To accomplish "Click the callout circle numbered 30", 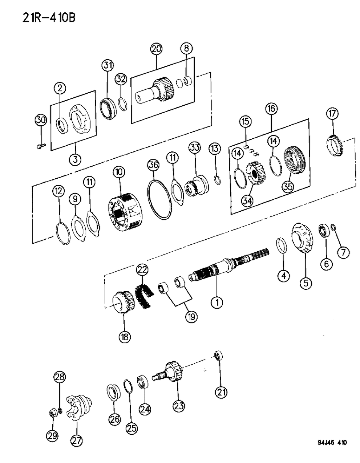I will click(x=41, y=120).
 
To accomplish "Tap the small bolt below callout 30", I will click(x=41, y=146).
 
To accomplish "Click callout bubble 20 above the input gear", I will click(x=157, y=49).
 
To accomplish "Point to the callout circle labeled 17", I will click(x=332, y=114).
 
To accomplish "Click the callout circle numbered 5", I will click(x=306, y=282).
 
